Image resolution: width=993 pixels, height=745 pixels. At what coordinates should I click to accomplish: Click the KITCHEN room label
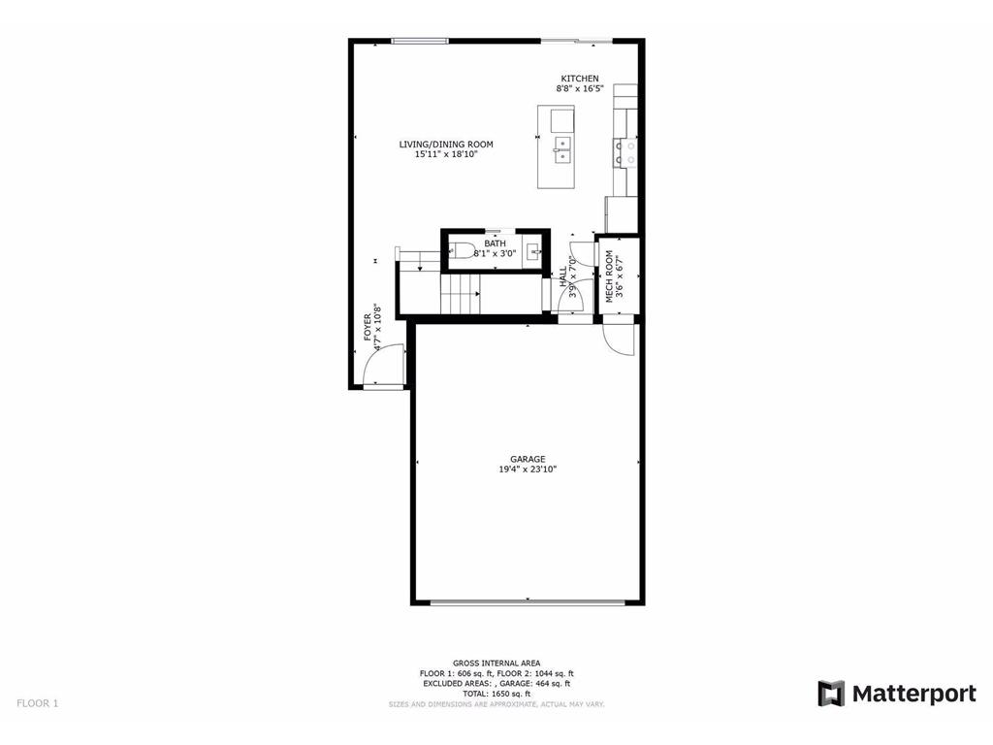pos(579,79)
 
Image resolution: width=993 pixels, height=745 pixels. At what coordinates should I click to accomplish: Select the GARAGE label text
pos(528,459)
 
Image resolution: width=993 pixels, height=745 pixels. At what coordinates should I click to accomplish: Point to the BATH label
pos(495,243)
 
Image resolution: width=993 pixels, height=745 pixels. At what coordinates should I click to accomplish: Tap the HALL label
pos(562,275)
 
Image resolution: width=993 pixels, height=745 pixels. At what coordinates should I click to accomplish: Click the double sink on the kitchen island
pos(561,148)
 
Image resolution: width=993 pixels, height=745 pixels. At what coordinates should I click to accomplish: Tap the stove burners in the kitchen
pos(625,150)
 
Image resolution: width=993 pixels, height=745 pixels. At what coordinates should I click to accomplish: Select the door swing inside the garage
pos(617,339)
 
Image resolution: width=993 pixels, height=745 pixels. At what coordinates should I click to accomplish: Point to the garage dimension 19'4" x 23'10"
pos(528,470)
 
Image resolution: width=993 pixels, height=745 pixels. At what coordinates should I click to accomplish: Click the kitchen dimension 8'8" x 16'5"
pos(579,89)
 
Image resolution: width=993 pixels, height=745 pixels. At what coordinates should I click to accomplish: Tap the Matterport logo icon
pos(831,694)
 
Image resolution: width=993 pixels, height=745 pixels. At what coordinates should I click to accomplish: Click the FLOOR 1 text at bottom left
pos(37,703)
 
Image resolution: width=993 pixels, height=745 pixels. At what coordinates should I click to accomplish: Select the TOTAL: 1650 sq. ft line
pos(496,694)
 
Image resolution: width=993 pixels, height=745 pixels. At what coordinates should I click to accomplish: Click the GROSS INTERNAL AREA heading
pos(496,663)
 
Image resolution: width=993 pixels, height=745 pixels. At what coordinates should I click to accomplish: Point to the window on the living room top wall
pos(420,40)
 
